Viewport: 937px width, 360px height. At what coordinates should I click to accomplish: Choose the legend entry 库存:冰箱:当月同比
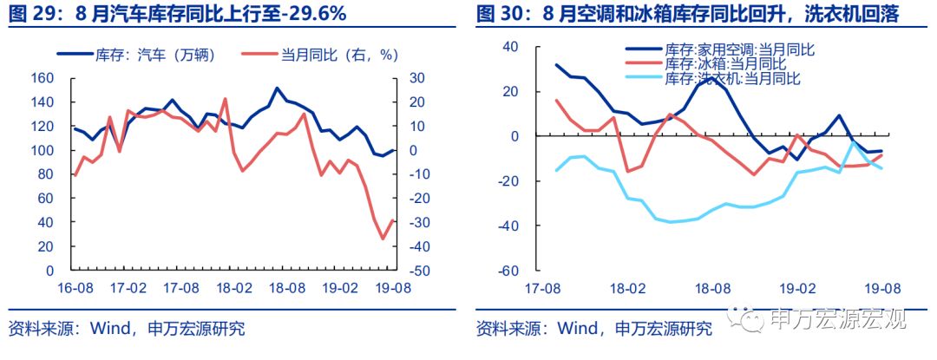point(725,63)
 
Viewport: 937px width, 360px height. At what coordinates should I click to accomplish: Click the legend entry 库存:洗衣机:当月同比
point(732,78)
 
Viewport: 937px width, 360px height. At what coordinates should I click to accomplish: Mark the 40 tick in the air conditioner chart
point(509,47)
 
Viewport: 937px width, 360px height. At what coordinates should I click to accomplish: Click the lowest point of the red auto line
point(383,239)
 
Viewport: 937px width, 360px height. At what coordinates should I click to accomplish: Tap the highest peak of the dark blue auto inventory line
point(277,88)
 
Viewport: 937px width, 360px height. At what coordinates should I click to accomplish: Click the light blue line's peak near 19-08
point(854,143)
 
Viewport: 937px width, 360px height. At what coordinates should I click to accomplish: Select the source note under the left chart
point(127,329)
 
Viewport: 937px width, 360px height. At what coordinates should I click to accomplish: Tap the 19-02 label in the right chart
point(796,287)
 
